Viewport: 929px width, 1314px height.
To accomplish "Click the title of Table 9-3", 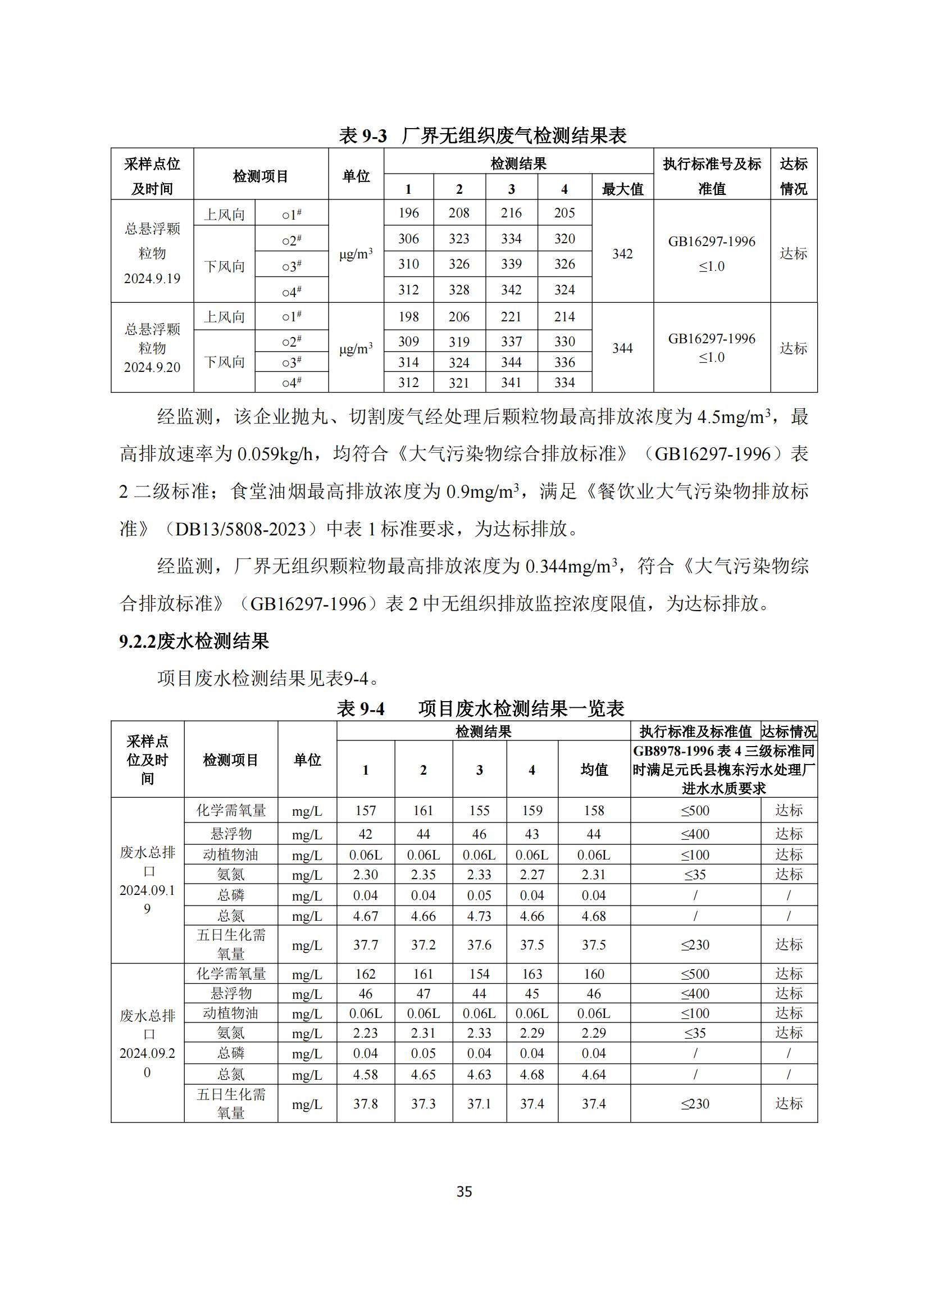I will [x=483, y=135].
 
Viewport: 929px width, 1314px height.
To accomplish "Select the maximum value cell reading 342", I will [x=622, y=253].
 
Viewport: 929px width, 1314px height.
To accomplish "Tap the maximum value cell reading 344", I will [x=622, y=348].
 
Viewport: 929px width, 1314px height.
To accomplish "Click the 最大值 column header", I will [x=622, y=189].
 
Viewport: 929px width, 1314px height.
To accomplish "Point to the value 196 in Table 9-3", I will [x=408, y=213].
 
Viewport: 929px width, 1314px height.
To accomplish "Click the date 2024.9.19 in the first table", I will [x=152, y=279].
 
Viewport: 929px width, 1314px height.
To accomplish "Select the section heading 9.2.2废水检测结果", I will [x=194, y=642].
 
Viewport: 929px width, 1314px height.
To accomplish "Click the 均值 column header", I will [x=594, y=770].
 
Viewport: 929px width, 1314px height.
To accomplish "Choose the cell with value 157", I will [x=365, y=811].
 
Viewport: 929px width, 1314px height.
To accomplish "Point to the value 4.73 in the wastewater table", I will [x=479, y=916].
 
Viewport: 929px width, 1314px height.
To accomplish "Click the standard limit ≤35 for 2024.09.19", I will [x=695, y=875].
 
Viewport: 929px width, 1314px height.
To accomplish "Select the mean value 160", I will [x=594, y=974].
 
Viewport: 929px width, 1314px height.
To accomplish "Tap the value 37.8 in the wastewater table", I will [x=365, y=1103].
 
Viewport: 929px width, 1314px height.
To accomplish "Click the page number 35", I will [x=464, y=1192].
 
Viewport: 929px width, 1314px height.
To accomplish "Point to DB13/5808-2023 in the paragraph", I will [x=240, y=529].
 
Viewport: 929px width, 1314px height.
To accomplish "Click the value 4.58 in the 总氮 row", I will [x=365, y=1075].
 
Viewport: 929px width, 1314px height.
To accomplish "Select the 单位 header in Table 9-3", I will [x=356, y=176].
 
